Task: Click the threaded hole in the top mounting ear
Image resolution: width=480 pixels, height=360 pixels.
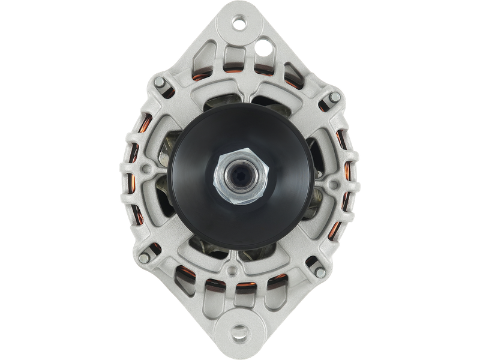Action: point(240,25)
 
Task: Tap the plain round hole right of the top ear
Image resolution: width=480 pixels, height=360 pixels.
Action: point(262,44)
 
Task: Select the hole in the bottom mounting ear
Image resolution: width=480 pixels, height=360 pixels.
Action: point(240,331)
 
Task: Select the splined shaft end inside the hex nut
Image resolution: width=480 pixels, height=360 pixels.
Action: point(239,178)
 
